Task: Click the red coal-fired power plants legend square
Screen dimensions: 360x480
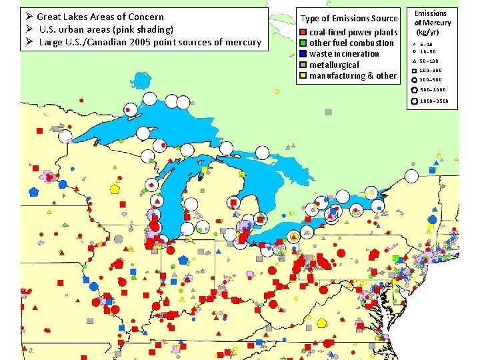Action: click(x=303, y=32)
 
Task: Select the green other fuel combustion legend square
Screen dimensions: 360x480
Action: click(x=303, y=43)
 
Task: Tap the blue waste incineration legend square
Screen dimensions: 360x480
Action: click(x=303, y=54)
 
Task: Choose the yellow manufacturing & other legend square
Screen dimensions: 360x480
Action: click(x=303, y=76)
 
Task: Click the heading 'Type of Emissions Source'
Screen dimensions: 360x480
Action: click(x=349, y=18)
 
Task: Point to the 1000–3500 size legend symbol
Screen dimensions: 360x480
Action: click(x=414, y=101)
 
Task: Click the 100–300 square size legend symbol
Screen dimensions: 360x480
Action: click(x=414, y=70)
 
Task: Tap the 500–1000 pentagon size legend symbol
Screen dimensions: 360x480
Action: click(x=414, y=89)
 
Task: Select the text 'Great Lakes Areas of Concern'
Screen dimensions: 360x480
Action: click(x=100, y=16)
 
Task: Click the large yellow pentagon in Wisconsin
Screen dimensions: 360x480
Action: click(x=115, y=189)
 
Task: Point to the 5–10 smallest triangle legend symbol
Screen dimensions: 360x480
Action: click(x=414, y=44)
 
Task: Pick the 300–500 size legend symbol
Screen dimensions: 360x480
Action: click(x=414, y=79)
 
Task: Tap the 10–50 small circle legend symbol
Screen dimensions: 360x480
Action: click(x=414, y=51)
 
